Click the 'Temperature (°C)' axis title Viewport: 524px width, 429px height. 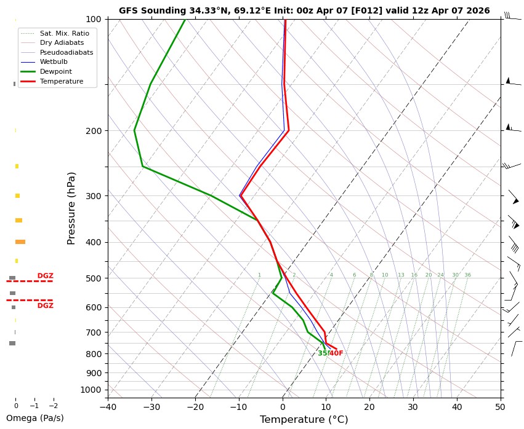click(x=304, y=420)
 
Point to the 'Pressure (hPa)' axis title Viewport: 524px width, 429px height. click(x=71, y=208)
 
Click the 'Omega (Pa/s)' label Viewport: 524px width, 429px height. click(x=34, y=418)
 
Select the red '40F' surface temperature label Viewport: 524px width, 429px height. click(x=336, y=353)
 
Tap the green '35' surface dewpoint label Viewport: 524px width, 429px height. click(x=322, y=353)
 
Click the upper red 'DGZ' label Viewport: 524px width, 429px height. click(x=46, y=276)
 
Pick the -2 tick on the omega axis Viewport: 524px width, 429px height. click(x=53, y=406)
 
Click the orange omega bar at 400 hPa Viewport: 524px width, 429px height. click(x=20, y=242)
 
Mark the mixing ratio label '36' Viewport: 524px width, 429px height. click(x=468, y=275)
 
